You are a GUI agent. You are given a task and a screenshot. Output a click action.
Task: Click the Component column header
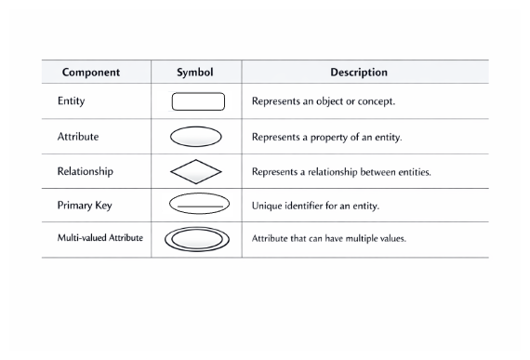pyautogui.click(x=96, y=73)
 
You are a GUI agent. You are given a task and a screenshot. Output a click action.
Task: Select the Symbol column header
pyautogui.click(x=195, y=73)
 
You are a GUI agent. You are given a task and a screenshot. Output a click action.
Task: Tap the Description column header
pyautogui.click(x=359, y=73)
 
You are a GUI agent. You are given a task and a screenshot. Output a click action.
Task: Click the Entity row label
pyautogui.click(x=72, y=101)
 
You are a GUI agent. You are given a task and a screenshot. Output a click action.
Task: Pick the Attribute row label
pyautogui.click(x=78, y=136)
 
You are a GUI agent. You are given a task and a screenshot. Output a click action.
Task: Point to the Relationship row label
pyautogui.click(x=86, y=171)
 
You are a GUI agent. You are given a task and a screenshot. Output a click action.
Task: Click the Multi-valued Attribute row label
pyautogui.click(x=100, y=238)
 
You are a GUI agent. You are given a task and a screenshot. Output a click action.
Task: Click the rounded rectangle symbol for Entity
pyautogui.click(x=197, y=101)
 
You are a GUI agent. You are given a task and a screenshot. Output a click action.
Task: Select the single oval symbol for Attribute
pyautogui.click(x=196, y=137)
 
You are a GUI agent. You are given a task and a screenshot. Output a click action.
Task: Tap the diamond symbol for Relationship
pyautogui.click(x=196, y=171)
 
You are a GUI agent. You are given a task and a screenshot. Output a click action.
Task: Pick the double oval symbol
pyautogui.click(x=196, y=239)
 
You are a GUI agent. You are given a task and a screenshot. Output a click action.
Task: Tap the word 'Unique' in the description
pyautogui.click(x=266, y=206)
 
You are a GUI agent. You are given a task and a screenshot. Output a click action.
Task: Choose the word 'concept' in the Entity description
pyautogui.click(x=376, y=101)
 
